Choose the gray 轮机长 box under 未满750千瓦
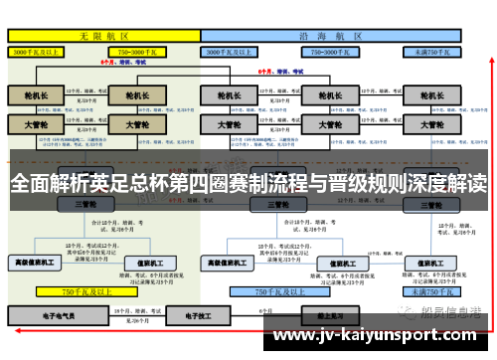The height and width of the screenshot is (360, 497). pos(431,96)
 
